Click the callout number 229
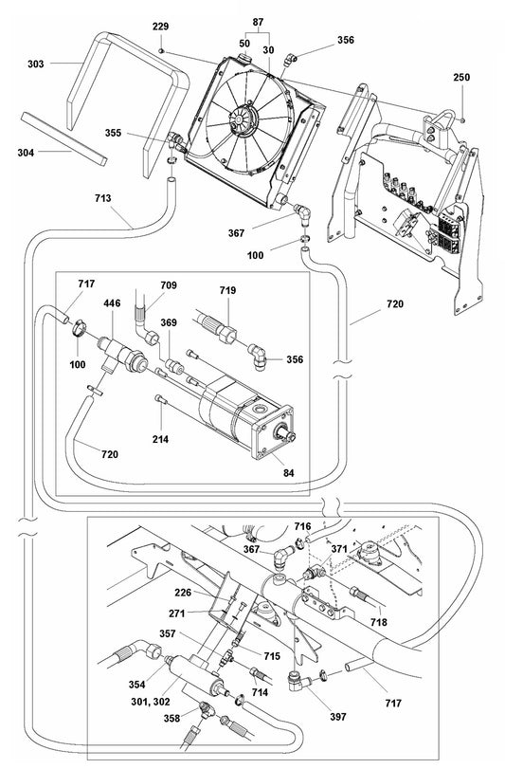(163, 26)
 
